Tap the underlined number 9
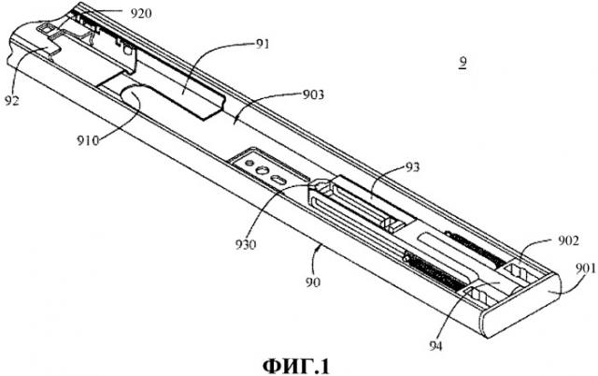tap(463, 65)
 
